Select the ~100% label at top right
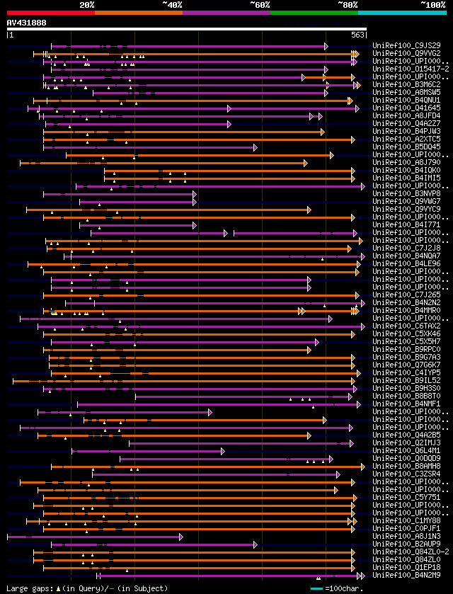tap(432, 5)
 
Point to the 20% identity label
tap(87, 5)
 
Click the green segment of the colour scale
tap(314, 12)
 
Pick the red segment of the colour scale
tap(50, 12)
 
